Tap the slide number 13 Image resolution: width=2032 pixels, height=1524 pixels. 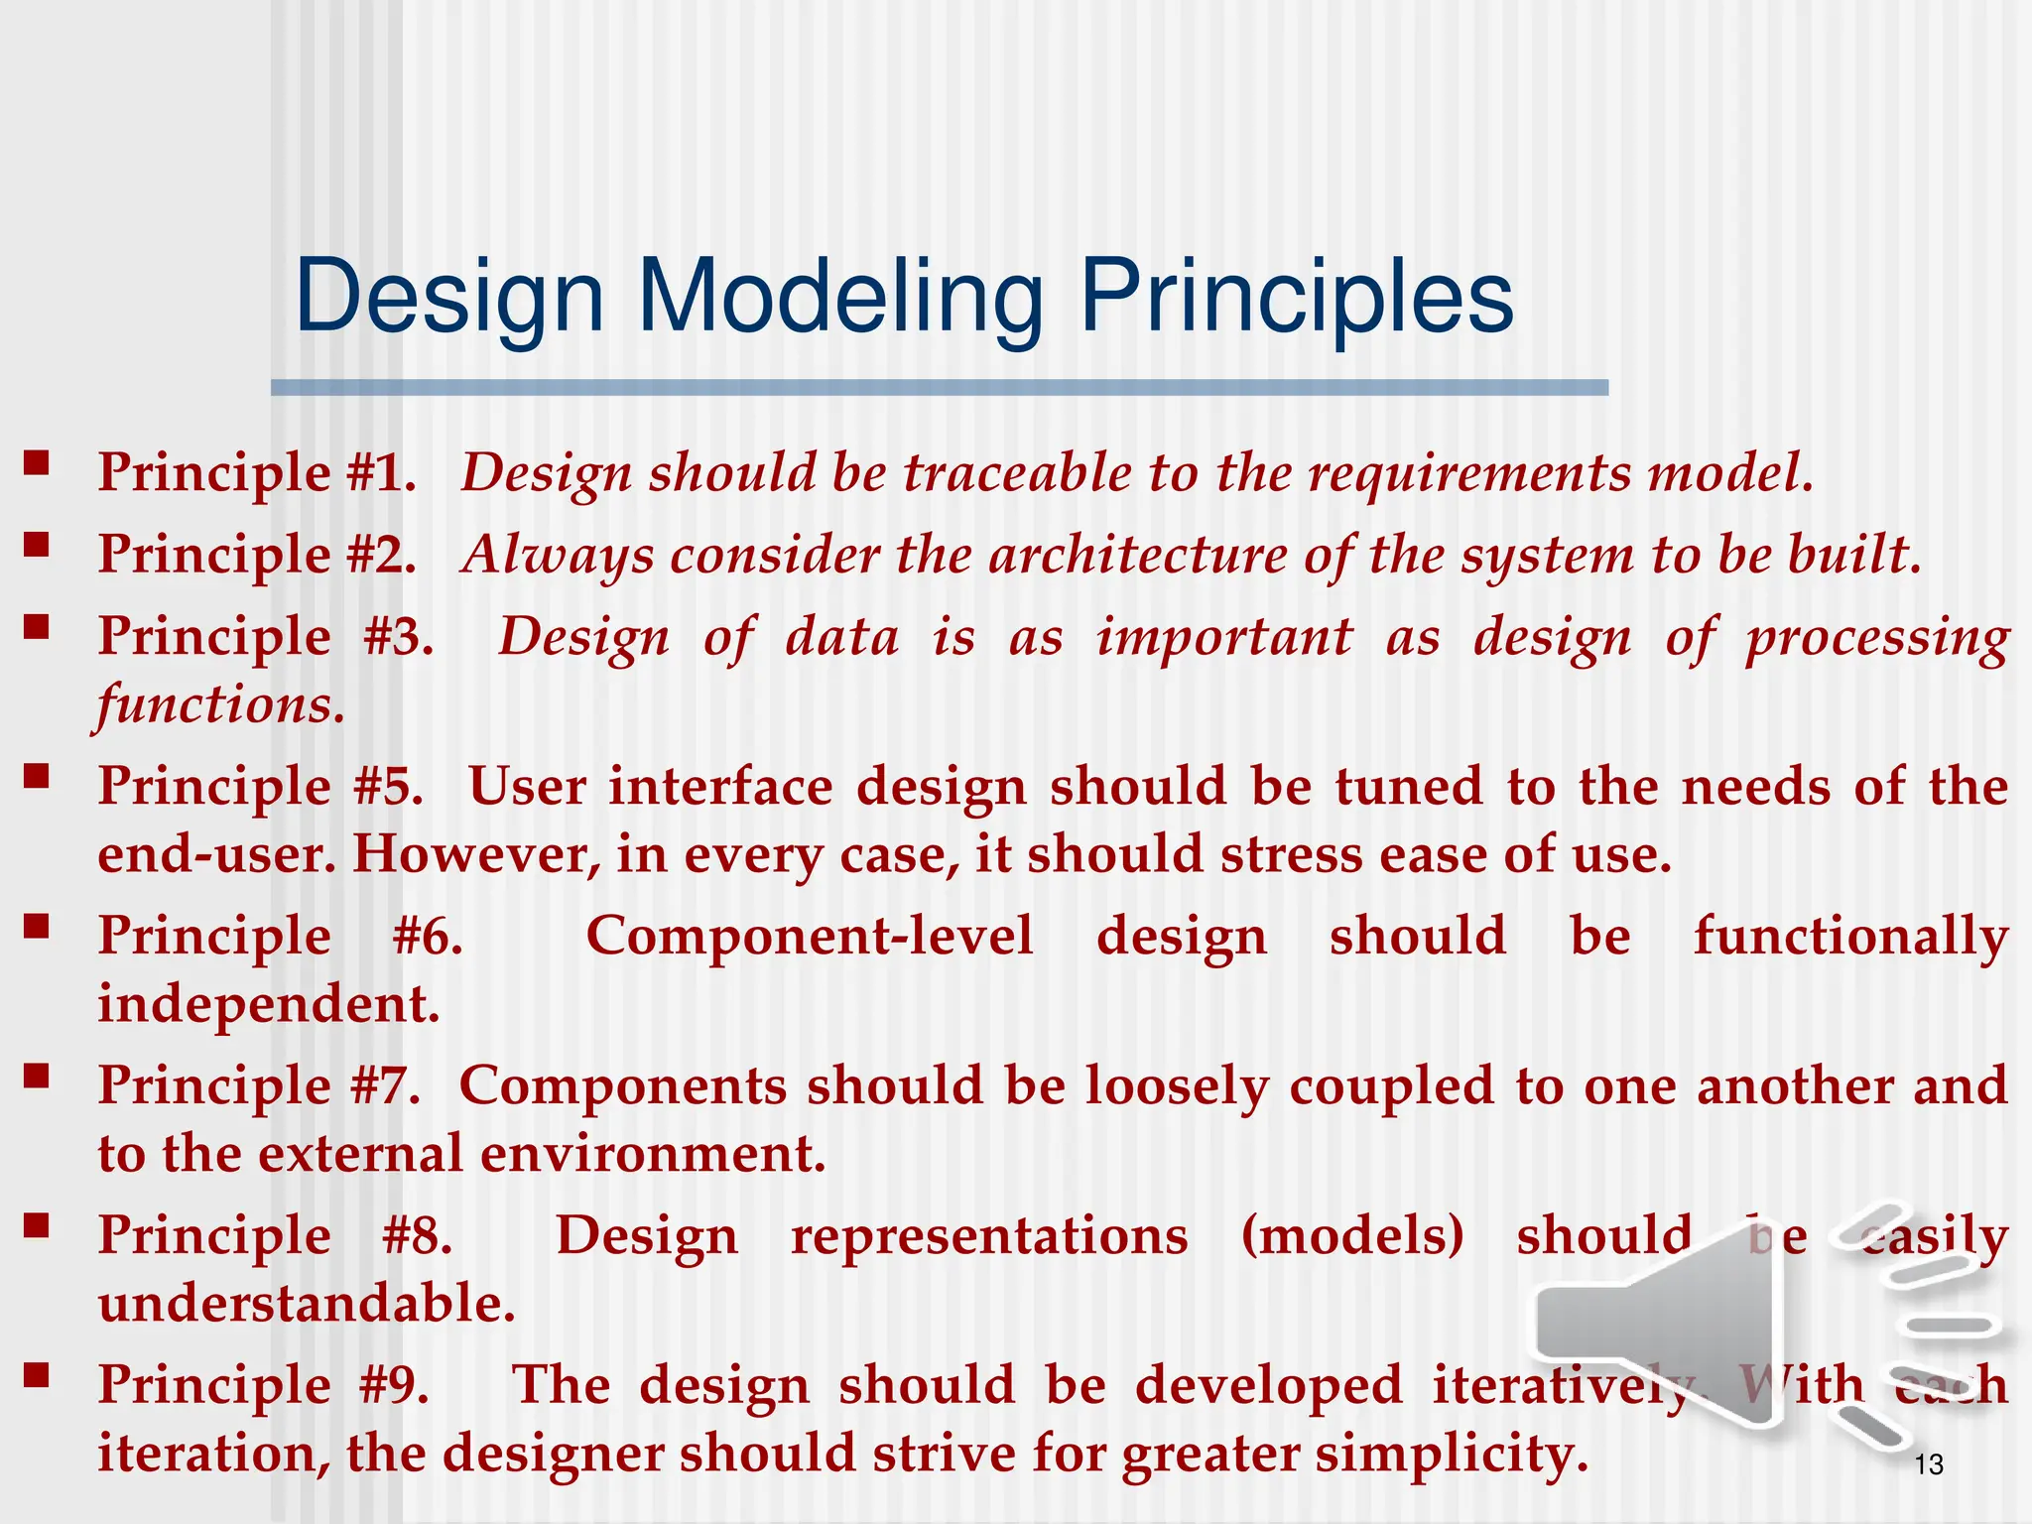[1929, 1464]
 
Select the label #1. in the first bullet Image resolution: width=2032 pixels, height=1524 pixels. [381, 472]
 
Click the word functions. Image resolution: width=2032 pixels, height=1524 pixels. [220, 705]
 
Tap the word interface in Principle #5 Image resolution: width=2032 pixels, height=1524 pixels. [720, 787]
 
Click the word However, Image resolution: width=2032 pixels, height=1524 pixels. [476, 854]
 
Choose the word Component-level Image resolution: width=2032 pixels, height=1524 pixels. [810, 937]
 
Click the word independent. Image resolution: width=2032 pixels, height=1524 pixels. [268, 1004]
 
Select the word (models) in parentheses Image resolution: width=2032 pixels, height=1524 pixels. [1352, 1236]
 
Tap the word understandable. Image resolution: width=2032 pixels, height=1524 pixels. [307, 1304]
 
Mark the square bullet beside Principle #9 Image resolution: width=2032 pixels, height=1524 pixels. [37, 1374]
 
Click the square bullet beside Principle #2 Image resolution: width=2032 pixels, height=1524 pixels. [37, 544]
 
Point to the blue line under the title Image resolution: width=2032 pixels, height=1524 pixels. [939, 388]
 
